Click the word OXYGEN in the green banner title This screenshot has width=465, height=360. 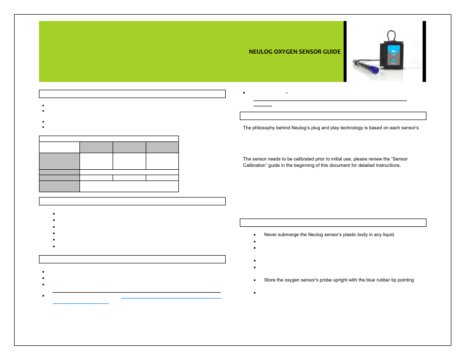pos(288,52)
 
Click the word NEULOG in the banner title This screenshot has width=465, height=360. pos(261,52)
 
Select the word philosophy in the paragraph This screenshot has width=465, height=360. pos(264,128)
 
